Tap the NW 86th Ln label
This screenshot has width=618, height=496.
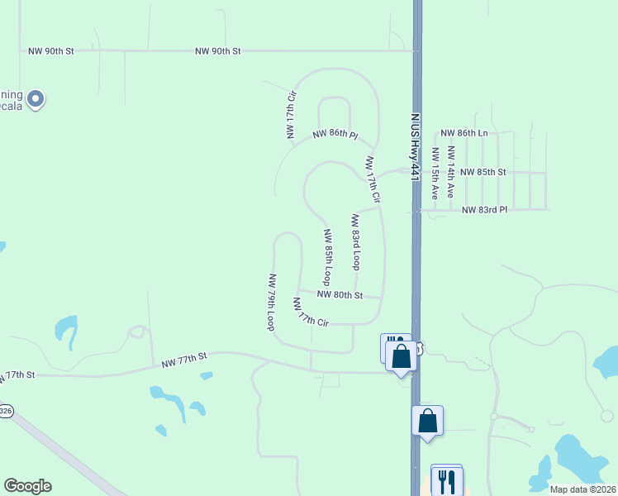click(463, 133)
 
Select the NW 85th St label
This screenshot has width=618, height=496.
click(483, 172)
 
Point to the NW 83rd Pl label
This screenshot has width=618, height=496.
click(484, 210)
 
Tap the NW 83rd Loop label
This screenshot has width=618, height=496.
click(355, 242)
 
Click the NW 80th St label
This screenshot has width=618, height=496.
click(340, 294)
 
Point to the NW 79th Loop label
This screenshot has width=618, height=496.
click(270, 302)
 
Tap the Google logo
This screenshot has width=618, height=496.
click(27, 486)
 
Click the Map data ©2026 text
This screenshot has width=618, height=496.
click(582, 489)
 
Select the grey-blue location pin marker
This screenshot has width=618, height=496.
click(35, 99)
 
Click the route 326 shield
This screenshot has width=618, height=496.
click(6, 411)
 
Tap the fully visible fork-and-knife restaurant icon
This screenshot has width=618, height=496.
click(446, 480)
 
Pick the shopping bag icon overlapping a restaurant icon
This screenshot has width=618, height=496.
click(402, 356)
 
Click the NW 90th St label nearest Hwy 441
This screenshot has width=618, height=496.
click(218, 51)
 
